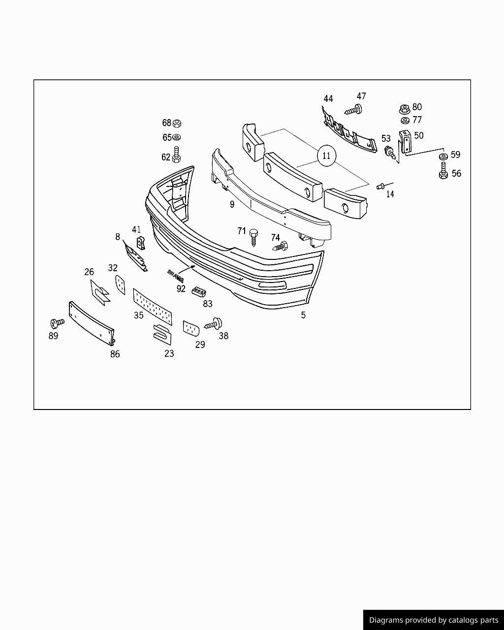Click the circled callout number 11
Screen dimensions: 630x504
(326, 156)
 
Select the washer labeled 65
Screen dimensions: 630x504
(178, 137)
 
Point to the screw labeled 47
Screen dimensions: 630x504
(355, 109)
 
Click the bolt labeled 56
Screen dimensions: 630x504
(443, 172)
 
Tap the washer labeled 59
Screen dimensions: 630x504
(443, 157)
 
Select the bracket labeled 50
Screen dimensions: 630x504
(405, 142)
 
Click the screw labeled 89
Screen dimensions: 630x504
(57, 323)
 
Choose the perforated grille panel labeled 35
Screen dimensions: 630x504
(153, 306)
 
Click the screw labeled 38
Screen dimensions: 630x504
(215, 324)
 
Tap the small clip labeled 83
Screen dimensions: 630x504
(198, 291)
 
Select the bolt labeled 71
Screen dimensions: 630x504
(254, 235)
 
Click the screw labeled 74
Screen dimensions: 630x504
(280, 246)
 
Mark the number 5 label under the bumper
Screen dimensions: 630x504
(303, 315)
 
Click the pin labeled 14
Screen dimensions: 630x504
(381, 186)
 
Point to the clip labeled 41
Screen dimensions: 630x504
(140, 243)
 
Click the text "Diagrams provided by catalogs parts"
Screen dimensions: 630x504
(434, 620)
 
